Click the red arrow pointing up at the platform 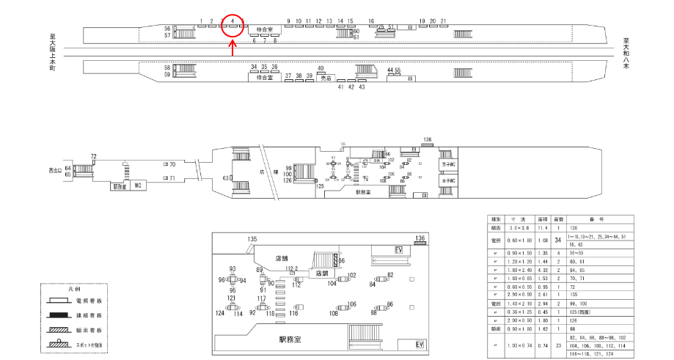232,48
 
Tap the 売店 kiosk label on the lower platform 326,78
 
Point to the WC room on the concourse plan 137,186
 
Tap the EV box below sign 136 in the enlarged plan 399,250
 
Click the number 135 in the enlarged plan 253,240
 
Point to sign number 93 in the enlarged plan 232,269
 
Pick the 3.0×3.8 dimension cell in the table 519,229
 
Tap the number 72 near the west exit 94,156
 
